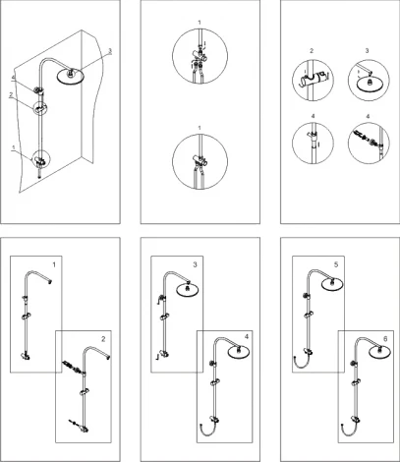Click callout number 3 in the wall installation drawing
[110, 51]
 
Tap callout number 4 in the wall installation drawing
[14, 78]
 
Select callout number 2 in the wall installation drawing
[11, 94]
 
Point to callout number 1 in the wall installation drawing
[14, 147]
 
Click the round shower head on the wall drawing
[71, 77]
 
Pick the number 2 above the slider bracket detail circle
[312, 51]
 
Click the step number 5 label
[336, 264]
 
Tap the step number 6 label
[385, 339]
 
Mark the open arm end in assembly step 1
[50, 281]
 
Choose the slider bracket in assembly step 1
[26, 317]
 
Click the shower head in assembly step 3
[188, 289]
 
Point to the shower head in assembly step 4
[239, 352]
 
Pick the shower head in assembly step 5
[332, 284]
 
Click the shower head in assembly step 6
[379, 352]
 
